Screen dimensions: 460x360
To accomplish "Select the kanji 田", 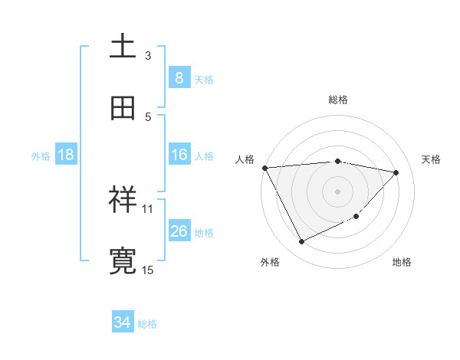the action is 123,108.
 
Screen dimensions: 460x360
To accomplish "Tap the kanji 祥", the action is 123,201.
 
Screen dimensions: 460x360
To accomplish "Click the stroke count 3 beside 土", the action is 148,55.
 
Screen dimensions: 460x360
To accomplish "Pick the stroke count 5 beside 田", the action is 148,116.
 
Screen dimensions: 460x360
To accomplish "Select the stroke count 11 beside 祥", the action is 148,208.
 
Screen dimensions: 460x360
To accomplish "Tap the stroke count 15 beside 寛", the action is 148,270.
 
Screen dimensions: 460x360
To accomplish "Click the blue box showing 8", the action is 179,78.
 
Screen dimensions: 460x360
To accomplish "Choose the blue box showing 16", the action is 179,155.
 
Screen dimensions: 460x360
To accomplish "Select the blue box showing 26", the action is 179,231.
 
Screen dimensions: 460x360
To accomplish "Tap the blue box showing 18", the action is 66,155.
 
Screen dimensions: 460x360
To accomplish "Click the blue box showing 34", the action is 123,322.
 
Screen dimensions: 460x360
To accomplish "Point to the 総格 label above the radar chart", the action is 338,100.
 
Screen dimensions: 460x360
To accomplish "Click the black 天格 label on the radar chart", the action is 432,159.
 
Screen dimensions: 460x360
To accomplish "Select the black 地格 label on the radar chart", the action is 402,262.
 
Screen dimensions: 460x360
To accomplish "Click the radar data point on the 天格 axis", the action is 396,172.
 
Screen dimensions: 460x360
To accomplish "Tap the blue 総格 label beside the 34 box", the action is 148,324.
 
